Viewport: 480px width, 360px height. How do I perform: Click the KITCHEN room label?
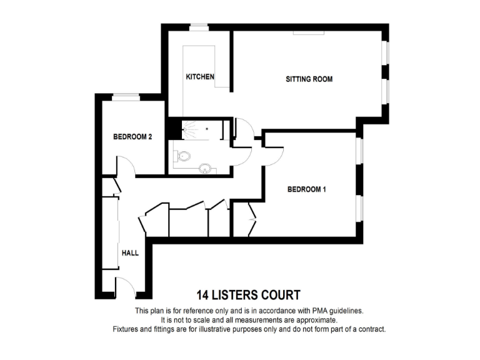[x=200, y=77]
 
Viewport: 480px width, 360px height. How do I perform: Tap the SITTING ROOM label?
[x=309, y=79]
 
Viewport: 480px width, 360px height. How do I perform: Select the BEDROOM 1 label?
[x=307, y=190]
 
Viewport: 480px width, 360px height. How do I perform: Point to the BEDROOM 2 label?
[x=132, y=136]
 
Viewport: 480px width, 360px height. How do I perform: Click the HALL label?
[x=130, y=253]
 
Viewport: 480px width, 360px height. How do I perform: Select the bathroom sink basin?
[x=204, y=167]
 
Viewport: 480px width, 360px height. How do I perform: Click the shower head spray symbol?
[x=186, y=129]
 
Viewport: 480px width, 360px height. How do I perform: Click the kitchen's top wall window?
[x=199, y=27]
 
